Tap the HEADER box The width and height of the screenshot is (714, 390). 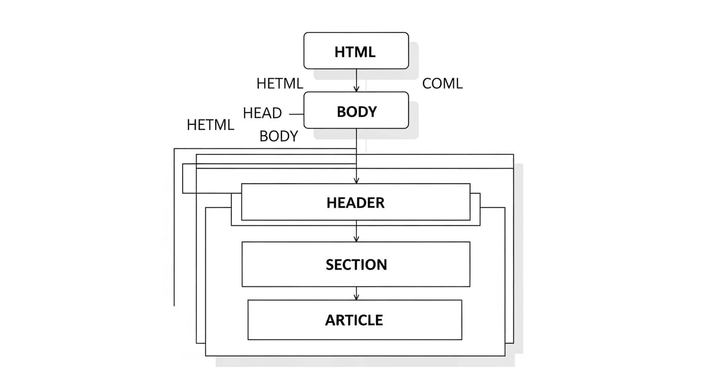[x=355, y=202]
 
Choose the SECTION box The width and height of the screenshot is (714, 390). [x=355, y=264]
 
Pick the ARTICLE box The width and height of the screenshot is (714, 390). [x=354, y=320]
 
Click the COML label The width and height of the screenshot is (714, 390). [x=442, y=83]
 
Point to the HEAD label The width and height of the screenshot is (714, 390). [x=262, y=113]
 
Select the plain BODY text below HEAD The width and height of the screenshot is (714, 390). [x=278, y=136]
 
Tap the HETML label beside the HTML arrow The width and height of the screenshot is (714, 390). [x=279, y=83]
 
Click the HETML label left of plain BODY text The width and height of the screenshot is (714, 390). [x=210, y=125]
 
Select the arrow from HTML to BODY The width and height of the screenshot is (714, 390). [x=356, y=80]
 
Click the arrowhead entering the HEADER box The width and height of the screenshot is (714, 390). [x=356, y=180]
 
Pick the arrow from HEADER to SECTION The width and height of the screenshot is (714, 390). [x=356, y=231]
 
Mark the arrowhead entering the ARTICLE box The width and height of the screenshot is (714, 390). [x=356, y=297]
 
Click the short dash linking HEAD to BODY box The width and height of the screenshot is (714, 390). [x=296, y=114]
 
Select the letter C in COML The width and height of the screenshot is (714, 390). [x=427, y=83]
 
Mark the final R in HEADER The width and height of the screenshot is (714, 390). [x=379, y=203]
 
